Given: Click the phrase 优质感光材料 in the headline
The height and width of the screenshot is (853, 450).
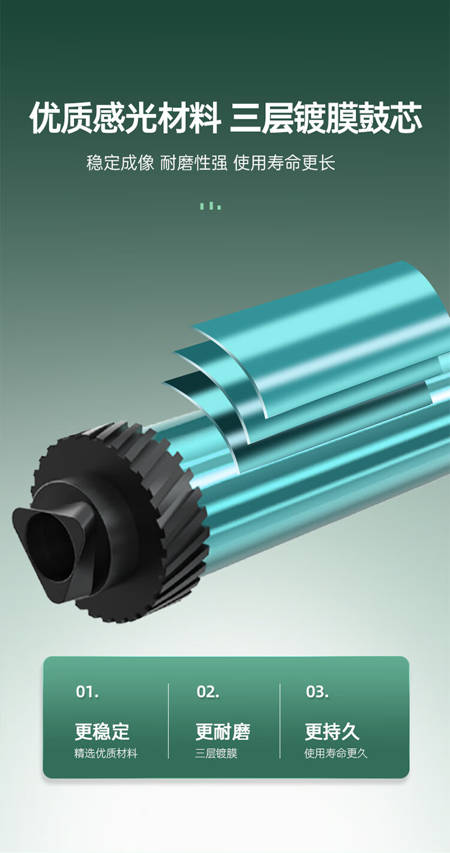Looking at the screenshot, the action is (125, 118).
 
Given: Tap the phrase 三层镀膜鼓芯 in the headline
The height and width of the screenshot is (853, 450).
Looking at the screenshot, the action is (326, 118).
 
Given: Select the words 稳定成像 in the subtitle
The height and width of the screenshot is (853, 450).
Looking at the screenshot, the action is (120, 163).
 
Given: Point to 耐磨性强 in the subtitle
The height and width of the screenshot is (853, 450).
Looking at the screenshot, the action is (194, 163).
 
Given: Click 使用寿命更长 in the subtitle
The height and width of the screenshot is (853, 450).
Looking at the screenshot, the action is (284, 163).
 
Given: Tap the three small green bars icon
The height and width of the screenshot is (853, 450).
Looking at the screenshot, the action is (211, 206).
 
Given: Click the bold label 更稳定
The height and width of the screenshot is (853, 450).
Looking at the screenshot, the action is (102, 731).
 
